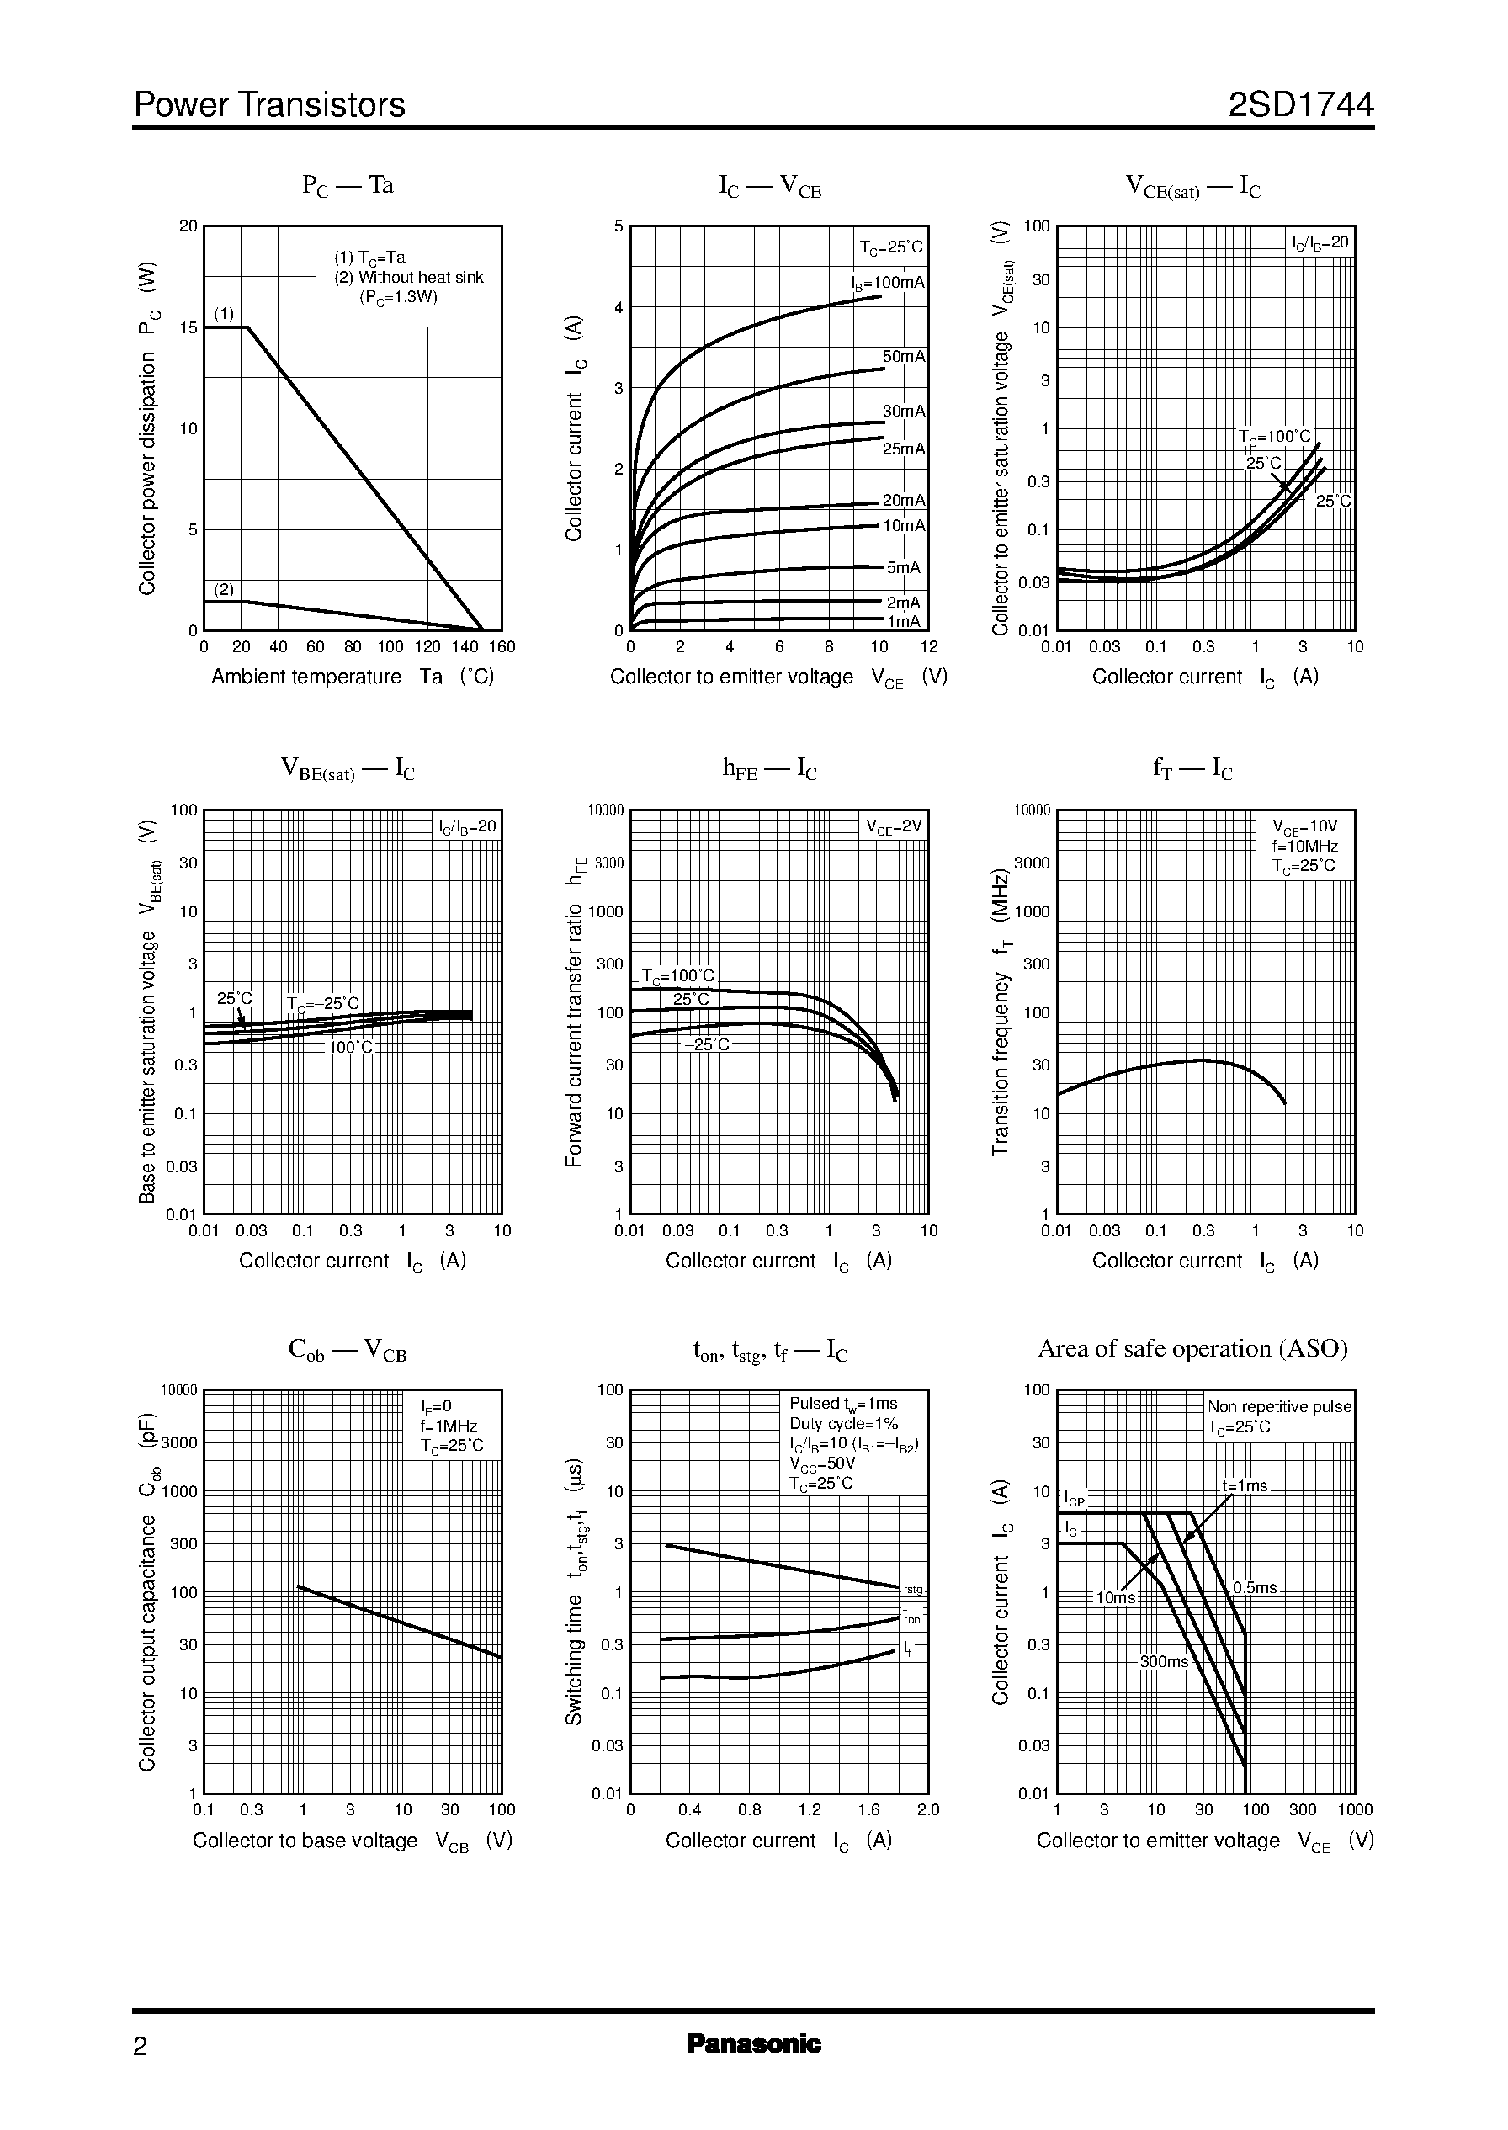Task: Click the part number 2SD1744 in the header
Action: [1300, 105]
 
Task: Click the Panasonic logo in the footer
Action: [753, 2043]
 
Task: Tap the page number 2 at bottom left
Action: [141, 2047]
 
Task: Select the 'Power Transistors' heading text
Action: [269, 105]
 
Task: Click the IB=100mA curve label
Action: [889, 282]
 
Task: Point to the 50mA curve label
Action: [904, 357]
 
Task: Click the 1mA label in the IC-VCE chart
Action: [904, 621]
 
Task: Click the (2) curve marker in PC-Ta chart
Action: [224, 590]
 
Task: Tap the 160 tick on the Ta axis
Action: [502, 647]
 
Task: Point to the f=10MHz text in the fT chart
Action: [1304, 846]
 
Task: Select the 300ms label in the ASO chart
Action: [1165, 1662]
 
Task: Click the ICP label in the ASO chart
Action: [1074, 1500]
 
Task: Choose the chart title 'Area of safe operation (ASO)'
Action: [1192, 1348]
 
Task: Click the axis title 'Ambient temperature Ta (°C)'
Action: [352, 677]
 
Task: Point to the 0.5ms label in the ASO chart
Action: [1255, 1588]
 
